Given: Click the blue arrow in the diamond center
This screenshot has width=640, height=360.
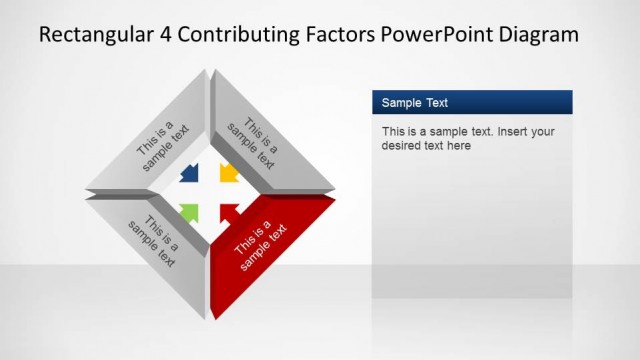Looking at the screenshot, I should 188,174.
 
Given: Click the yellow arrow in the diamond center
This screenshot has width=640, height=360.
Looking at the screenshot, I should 228,173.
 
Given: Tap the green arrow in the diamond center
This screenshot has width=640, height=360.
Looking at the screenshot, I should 188,211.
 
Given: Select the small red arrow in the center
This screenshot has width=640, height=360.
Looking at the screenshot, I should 228,211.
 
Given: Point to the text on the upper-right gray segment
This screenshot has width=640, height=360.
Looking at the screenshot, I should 254,144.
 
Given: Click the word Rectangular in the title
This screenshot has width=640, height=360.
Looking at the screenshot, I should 93,35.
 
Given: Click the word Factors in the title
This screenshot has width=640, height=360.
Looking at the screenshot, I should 336,35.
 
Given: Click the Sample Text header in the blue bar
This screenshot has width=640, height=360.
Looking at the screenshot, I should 415,102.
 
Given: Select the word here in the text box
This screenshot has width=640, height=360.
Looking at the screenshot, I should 459,146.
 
